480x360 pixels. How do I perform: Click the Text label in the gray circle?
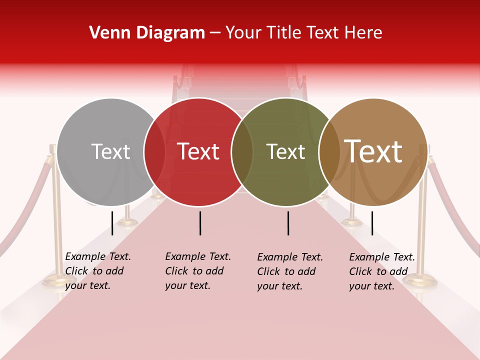110,151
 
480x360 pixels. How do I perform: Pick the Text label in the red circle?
198,151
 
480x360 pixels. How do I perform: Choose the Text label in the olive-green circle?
285,151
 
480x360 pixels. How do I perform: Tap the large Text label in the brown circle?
373,151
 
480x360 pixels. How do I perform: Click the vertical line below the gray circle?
112,223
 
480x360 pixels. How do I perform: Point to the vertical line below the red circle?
200,223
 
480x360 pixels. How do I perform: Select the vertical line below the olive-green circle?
288,223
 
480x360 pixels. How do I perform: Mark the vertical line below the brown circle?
372,223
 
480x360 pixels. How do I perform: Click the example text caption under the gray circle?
97,271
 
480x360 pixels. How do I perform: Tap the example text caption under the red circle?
197,271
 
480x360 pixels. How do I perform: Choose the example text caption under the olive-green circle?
289,271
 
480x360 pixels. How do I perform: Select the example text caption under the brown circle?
381,271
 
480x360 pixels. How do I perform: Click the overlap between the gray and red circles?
154,151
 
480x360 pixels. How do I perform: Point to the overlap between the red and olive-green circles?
242,151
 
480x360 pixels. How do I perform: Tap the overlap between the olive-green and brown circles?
329,151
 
